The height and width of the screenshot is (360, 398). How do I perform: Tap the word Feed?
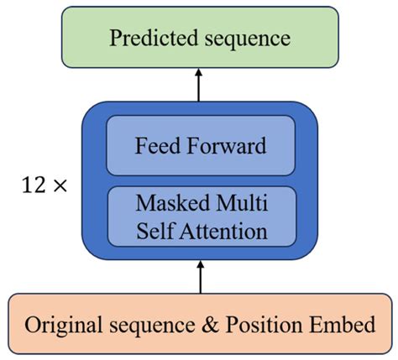[x=156, y=145]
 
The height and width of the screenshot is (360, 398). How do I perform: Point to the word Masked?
[x=164, y=204]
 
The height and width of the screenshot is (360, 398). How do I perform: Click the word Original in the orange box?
[x=67, y=324]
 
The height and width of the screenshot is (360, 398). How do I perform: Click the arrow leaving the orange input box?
[x=199, y=278]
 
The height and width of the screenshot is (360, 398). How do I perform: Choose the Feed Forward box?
[x=200, y=145]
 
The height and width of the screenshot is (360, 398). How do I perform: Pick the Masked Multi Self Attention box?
[x=200, y=217]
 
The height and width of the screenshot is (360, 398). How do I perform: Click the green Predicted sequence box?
[x=199, y=39]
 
